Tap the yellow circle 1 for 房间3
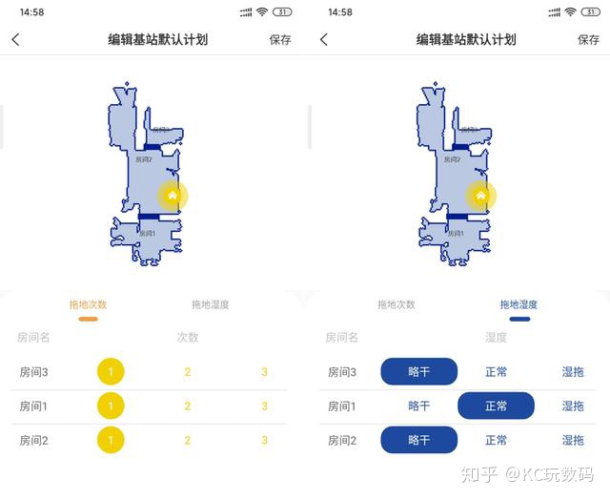[111, 371]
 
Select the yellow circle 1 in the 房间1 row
[111, 406]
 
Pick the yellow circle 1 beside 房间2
[111, 440]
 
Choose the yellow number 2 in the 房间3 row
[188, 371]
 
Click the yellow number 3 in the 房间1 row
[264, 406]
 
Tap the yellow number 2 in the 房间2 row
[188, 440]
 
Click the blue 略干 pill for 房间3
[419, 371]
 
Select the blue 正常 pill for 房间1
[496, 406]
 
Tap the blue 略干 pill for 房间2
[419, 440]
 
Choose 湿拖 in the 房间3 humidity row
[573, 371]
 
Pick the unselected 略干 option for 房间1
[419, 406]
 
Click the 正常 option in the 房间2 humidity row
[496, 440]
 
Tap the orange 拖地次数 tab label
[88, 304]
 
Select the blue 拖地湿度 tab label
[519, 304]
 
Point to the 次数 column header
[188, 337]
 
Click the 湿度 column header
[496, 337]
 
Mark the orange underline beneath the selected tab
[88, 319]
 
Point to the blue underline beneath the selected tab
[519, 319]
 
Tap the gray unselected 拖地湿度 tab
[211, 304]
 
